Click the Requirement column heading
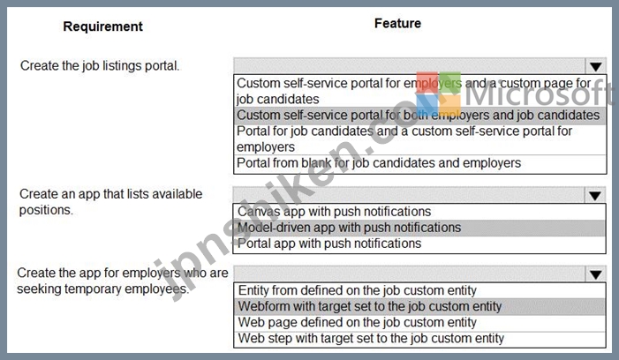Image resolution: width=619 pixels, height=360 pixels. tap(102, 26)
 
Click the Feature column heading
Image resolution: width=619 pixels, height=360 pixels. tap(397, 23)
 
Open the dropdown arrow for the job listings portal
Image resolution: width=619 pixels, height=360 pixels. tap(596, 66)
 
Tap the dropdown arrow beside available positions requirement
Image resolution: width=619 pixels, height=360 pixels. tap(595, 195)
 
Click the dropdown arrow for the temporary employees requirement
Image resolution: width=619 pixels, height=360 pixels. tap(595, 274)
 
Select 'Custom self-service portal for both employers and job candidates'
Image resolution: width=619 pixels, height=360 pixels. tap(418, 115)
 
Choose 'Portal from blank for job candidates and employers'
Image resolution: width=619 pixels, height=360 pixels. tap(379, 163)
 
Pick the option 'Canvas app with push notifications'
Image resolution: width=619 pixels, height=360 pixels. tap(334, 212)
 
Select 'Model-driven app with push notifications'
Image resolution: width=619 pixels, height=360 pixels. tap(349, 228)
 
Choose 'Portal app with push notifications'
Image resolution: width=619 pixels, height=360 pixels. tap(329, 244)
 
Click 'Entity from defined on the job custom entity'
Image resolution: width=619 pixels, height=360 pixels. tap(358, 290)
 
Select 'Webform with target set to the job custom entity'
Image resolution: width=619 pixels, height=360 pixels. tap(370, 306)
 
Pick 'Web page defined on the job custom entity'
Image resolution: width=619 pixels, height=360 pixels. tap(358, 323)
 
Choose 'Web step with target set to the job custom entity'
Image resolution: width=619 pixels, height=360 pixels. tap(371, 338)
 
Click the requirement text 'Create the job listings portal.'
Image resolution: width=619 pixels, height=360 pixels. tap(100, 65)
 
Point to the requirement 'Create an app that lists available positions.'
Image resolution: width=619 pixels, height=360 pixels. tap(111, 202)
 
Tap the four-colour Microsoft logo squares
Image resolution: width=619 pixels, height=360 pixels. tap(438, 94)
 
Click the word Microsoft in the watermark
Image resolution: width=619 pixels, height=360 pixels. tap(540, 94)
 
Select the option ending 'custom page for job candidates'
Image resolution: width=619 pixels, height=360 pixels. tap(414, 91)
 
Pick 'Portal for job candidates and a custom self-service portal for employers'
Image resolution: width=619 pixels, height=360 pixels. tap(404, 139)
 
